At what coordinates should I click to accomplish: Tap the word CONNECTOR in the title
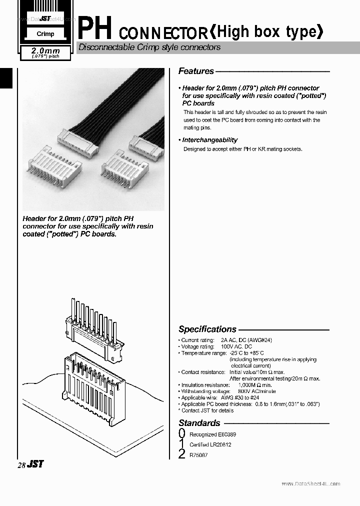[x=163, y=34]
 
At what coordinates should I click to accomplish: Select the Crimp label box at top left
[x=45, y=34]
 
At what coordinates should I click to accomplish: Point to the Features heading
[x=196, y=71]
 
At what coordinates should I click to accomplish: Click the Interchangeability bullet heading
[x=209, y=140]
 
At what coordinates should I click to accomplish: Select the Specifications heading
[x=207, y=329]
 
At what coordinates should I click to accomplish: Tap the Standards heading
[x=199, y=423]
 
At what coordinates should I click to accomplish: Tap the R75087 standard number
[x=198, y=454]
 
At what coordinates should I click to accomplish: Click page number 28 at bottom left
[x=21, y=465]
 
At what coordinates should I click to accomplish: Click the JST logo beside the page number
[x=35, y=464]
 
